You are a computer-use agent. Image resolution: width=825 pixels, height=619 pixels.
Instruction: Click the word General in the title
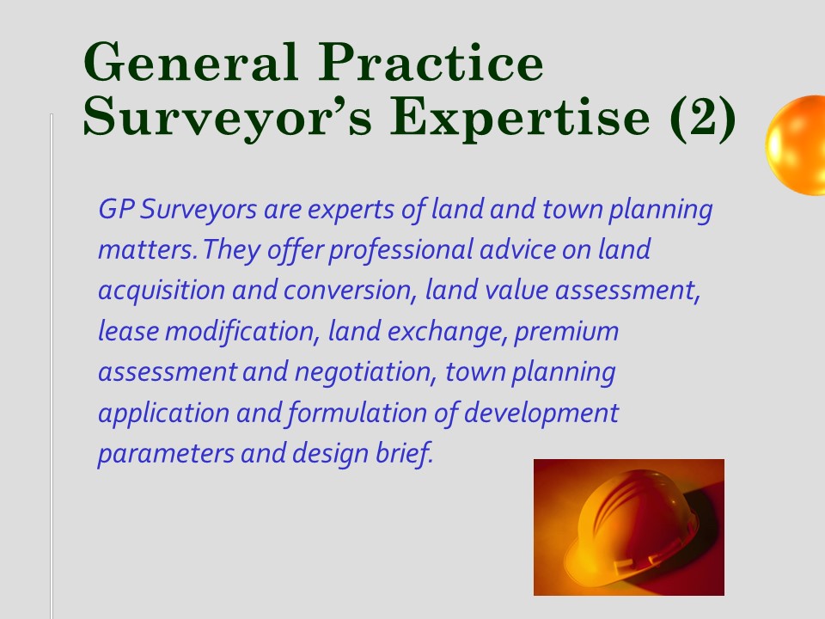(191, 62)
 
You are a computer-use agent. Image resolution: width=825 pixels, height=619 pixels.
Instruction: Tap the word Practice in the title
(431, 62)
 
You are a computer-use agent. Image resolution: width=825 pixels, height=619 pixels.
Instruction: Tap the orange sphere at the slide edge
(795, 145)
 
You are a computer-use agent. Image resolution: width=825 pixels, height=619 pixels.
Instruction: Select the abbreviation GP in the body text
(118, 209)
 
